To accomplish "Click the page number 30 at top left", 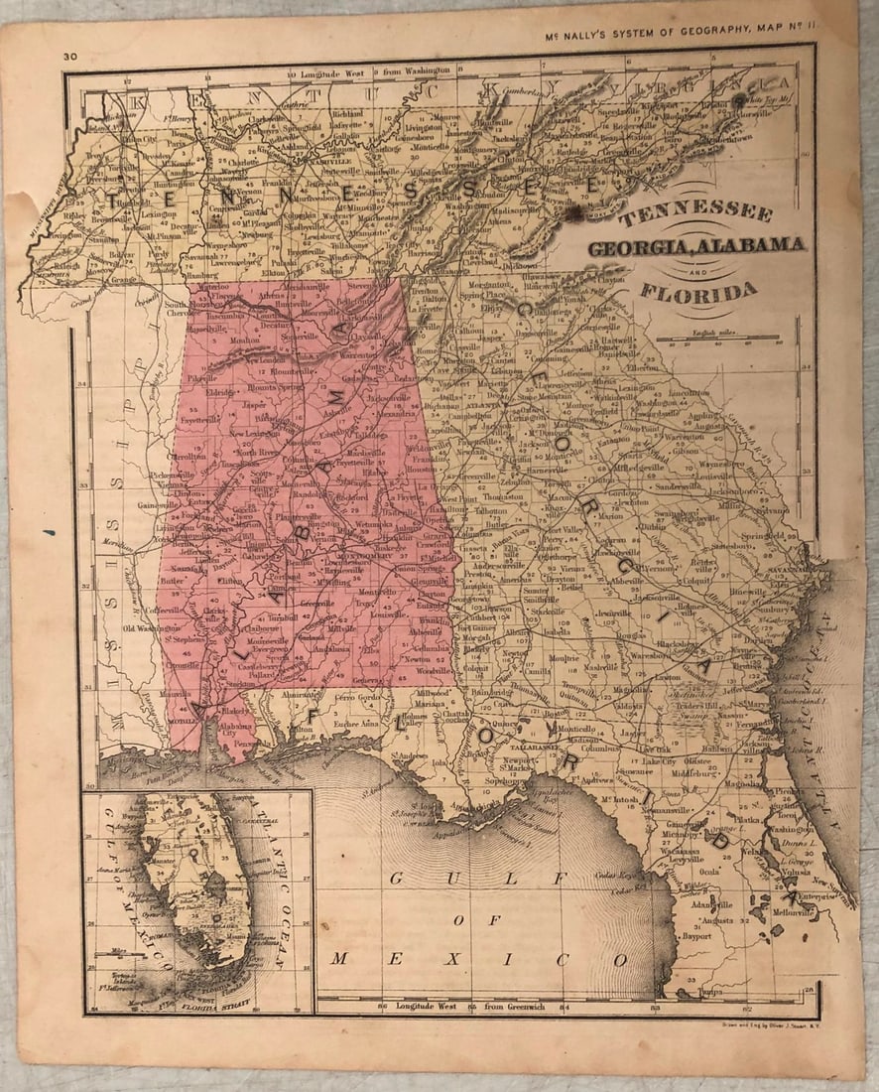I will [x=69, y=58].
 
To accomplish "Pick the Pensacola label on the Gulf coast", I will [x=251, y=743].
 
